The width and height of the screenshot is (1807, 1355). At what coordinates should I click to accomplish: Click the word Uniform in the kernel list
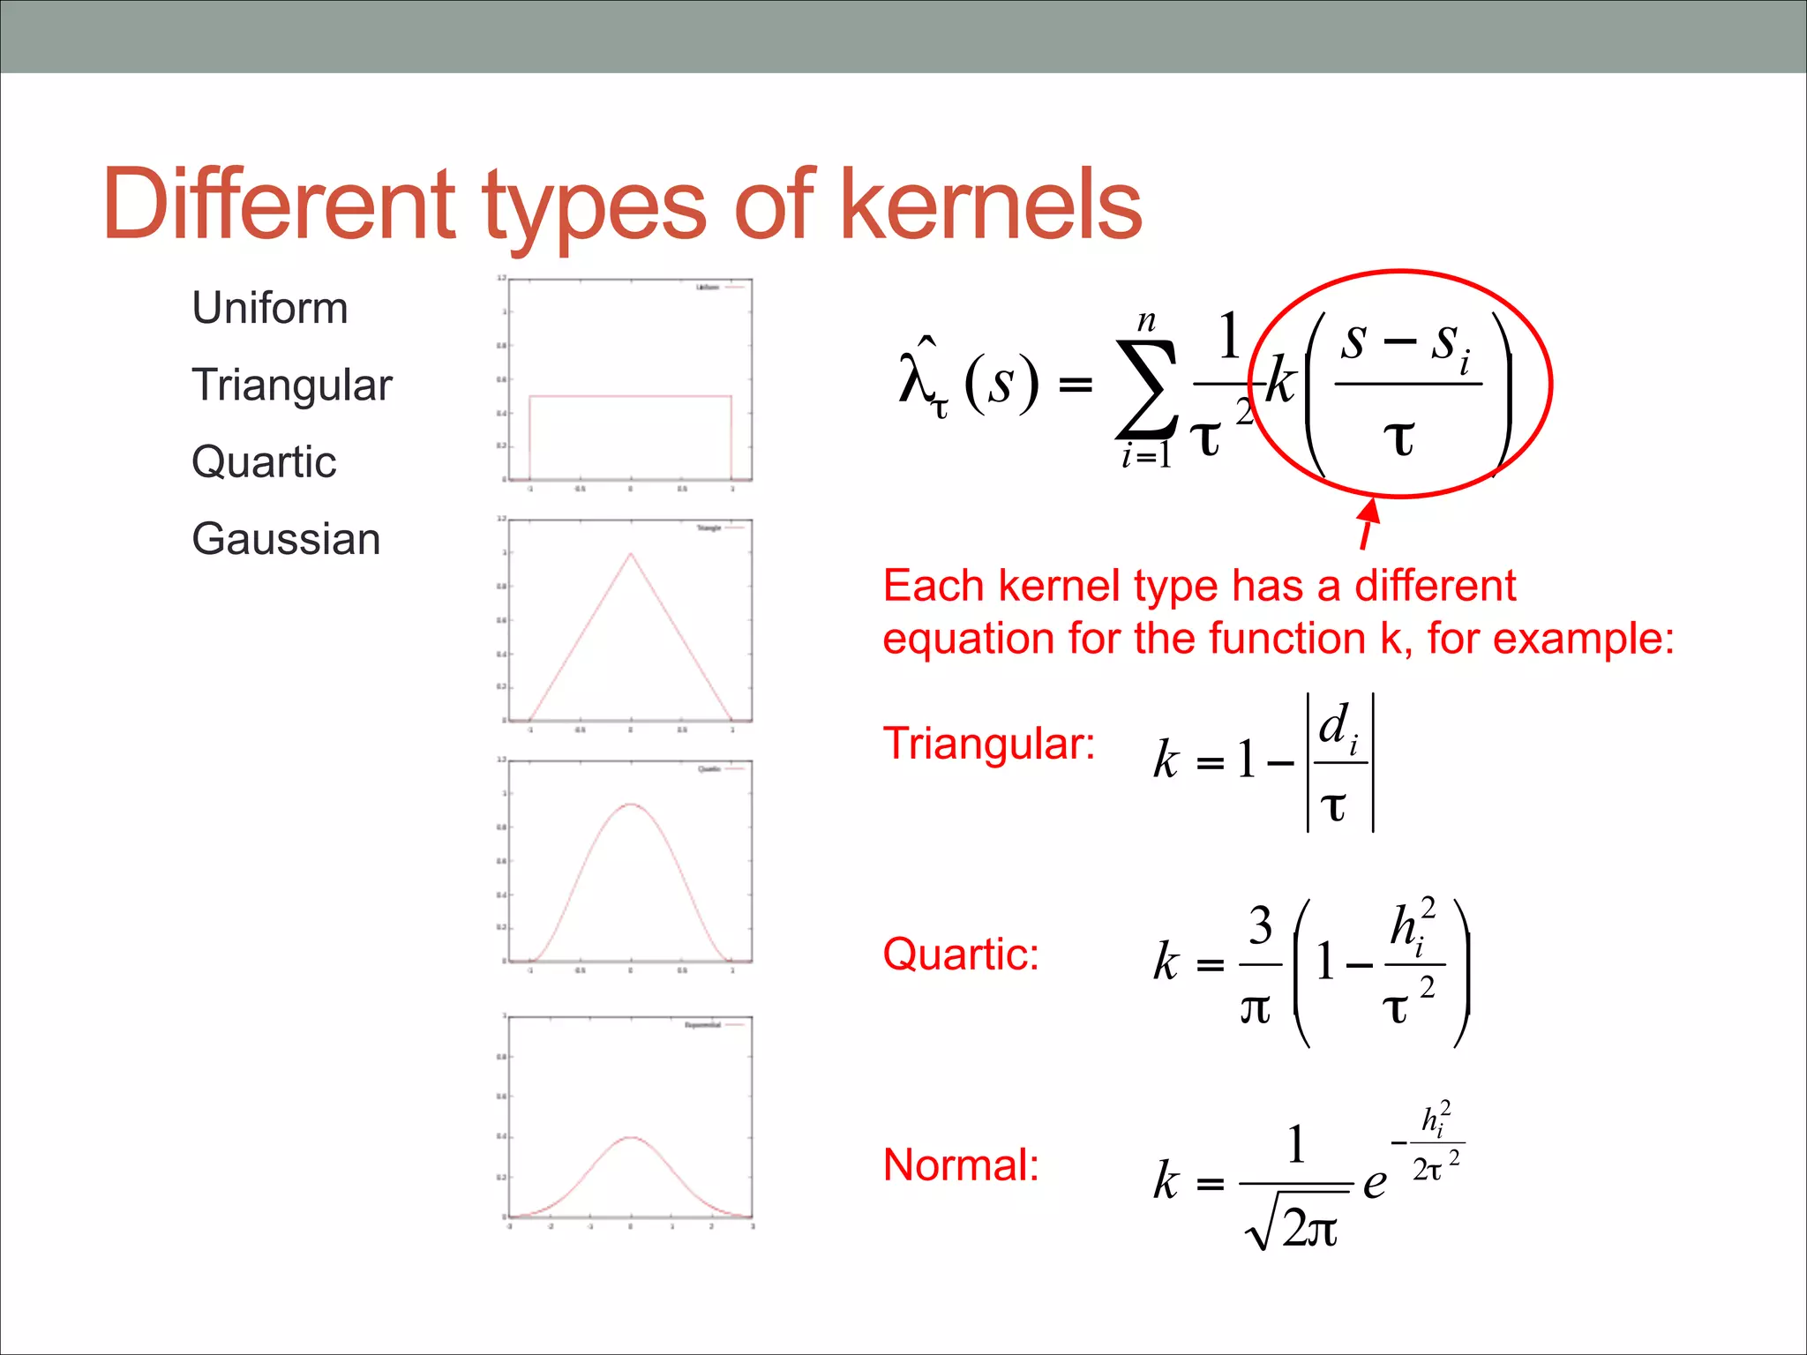pos(270,309)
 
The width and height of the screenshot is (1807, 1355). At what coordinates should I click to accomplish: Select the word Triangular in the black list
pos(291,386)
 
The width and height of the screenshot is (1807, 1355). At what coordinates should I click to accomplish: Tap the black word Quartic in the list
pos(264,462)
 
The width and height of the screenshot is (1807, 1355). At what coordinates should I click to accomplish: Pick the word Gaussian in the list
pos(286,539)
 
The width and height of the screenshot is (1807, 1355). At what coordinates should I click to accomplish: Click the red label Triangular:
pos(989,744)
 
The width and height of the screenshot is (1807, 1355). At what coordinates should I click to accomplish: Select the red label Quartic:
pos(961,954)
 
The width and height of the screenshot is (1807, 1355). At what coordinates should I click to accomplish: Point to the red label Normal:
pos(961,1165)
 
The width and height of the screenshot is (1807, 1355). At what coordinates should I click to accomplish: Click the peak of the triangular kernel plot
pos(630,553)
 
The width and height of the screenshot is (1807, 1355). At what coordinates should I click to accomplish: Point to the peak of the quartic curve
pos(630,805)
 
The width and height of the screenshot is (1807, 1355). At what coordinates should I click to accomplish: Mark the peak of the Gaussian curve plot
pos(630,1138)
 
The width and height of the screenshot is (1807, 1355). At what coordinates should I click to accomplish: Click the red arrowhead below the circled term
pos(1369,512)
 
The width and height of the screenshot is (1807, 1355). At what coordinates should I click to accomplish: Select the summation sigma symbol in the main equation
pos(1146,389)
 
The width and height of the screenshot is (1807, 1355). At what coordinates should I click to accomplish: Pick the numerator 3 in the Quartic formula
pos(1260,926)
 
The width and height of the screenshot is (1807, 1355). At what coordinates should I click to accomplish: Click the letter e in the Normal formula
pos(1374,1183)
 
